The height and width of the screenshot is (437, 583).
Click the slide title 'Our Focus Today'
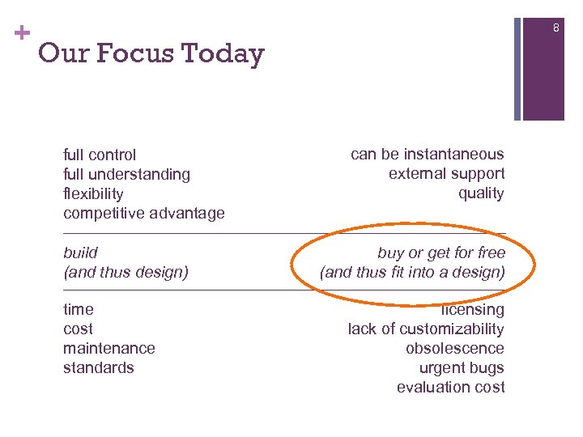tap(151, 53)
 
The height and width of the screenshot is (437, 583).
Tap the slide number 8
tap(556, 29)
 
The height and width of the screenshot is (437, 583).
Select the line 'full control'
tap(100, 155)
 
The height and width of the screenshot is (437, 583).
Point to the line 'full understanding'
tap(126, 174)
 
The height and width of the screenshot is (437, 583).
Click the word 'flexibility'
tap(93, 193)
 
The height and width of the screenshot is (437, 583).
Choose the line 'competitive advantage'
tap(144, 213)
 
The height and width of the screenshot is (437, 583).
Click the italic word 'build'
tap(80, 252)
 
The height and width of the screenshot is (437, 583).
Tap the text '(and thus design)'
tap(126, 272)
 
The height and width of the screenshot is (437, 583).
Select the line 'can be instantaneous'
tap(427, 154)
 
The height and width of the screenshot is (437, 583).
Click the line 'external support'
tap(446, 173)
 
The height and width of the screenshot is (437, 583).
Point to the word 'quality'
tap(481, 193)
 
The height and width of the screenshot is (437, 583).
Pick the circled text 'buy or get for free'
tap(441, 252)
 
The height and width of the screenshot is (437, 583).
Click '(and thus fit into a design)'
tap(412, 272)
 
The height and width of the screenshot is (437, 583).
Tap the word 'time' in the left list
tap(79, 309)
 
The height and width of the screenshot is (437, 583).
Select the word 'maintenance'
tap(109, 348)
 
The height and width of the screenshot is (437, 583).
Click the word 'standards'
tap(99, 367)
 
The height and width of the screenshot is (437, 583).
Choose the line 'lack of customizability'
tap(426, 329)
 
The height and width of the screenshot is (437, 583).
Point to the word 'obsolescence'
tap(455, 348)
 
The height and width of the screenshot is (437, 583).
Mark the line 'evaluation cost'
tap(450, 387)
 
